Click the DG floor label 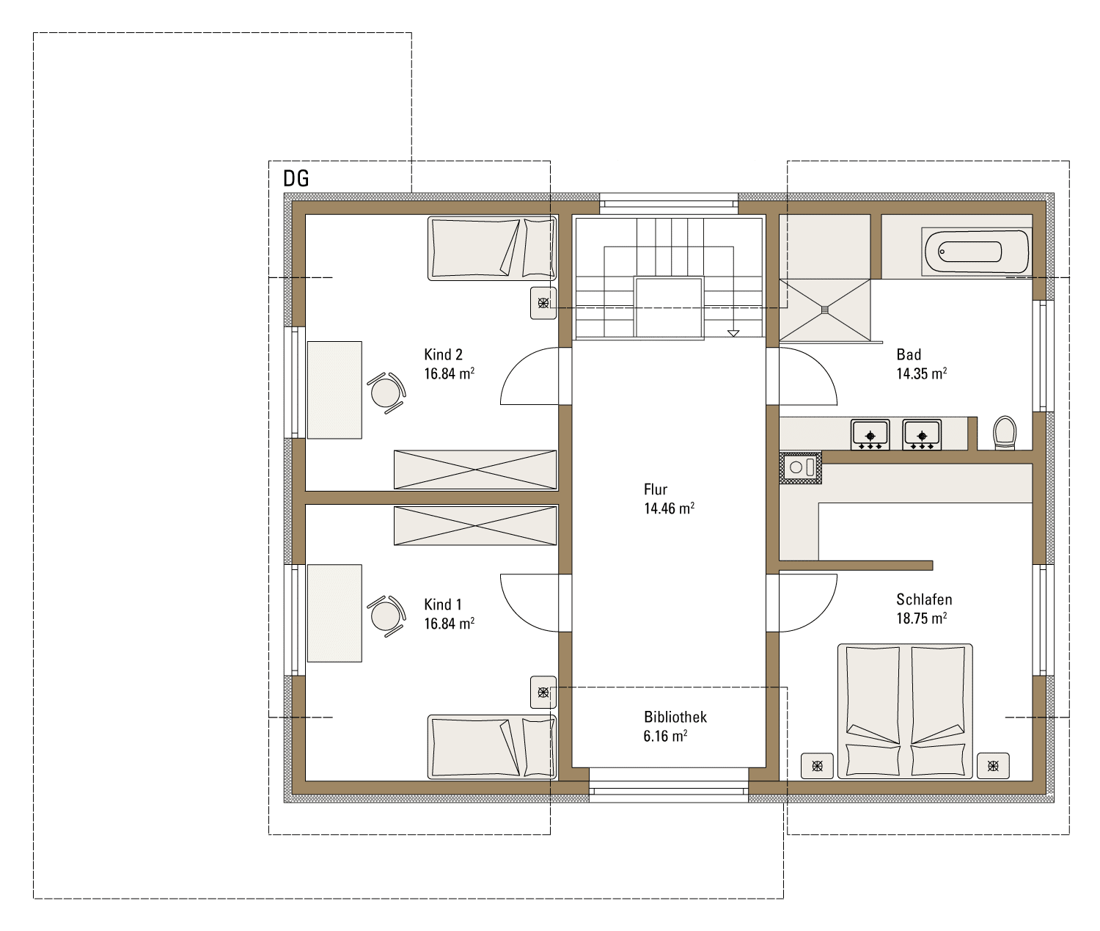click(296, 179)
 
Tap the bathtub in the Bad click(977, 252)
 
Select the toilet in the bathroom click(1005, 433)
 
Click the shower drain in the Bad click(825, 310)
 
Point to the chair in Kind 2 click(386, 393)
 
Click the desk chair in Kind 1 click(386, 616)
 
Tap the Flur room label click(656, 490)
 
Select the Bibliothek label click(675, 717)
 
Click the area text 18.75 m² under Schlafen click(922, 618)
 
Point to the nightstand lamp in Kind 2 click(543, 304)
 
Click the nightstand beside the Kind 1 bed click(543, 692)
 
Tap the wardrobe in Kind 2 click(475, 470)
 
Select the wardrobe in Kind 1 click(475, 526)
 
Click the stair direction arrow click(733, 333)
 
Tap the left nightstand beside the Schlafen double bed click(818, 766)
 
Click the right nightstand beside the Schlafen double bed click(993, 766)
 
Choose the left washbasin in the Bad click(870, 434)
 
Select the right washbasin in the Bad click(922, 434)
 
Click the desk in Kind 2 click(334, 390)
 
